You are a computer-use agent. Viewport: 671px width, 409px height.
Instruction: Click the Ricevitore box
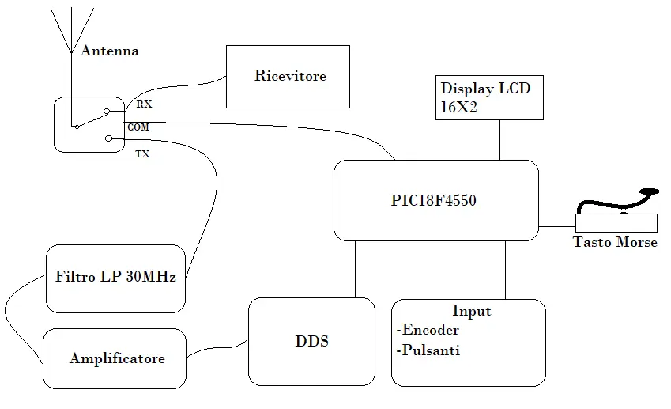point(288,76)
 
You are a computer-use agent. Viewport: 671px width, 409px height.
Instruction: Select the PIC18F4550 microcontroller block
point(435,200)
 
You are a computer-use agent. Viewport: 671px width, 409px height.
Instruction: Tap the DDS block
point(311,341)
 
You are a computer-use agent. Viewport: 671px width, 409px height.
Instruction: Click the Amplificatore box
point(116,358)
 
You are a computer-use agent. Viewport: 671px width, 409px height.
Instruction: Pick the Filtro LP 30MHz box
point(115,278)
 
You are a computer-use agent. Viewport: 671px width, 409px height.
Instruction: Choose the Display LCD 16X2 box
point(489,97)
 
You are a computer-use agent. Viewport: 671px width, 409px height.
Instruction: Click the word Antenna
point(110,51)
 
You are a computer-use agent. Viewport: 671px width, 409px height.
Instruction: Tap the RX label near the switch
point(144,104)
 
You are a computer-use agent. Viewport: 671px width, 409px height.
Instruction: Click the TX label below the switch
point(142,154)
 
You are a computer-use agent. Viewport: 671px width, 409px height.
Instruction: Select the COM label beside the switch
point(138,127)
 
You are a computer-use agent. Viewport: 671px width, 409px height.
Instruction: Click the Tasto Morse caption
point(615,242)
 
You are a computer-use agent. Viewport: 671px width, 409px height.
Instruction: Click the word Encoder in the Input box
point(430,330)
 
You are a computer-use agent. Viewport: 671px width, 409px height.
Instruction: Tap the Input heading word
point(471,311)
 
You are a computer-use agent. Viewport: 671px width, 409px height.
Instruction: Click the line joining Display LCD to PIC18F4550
point(499,139)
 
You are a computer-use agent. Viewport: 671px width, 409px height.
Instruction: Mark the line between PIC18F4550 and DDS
point(355,269)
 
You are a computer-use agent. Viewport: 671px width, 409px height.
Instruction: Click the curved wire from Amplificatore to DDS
point(217,348)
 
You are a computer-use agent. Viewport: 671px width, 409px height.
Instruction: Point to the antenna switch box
point(89,124)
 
